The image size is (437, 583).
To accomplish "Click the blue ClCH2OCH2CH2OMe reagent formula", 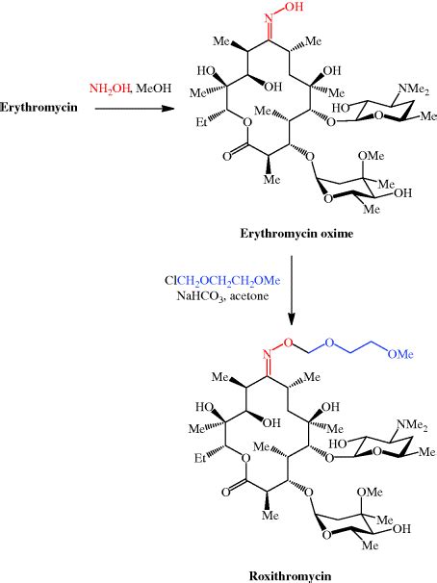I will click(226, 281).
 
